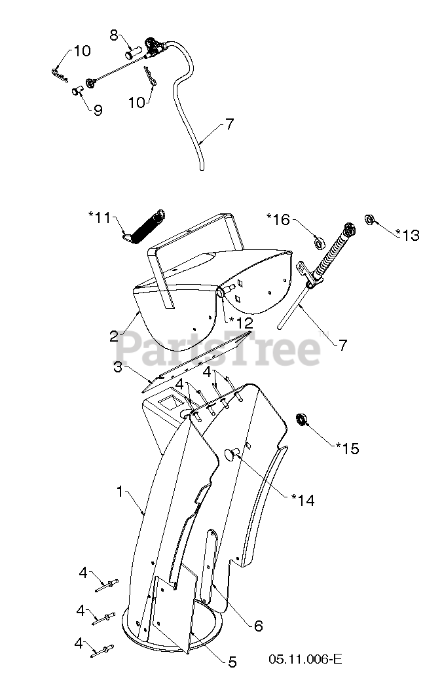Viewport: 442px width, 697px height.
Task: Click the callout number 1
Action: [x=120, y=491]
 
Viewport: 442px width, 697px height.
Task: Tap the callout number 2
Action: [x=113, y=336]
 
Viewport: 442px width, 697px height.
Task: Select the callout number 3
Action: [x=118, y=367]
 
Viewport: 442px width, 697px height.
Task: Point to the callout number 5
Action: [x=232, y=662]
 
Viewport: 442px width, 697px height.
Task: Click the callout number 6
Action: [x=258, y=626]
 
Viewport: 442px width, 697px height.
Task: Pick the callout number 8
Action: [x=113, y=36]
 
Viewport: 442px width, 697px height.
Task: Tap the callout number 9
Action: [x=98, y=110]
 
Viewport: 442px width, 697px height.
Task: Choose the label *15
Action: [x=348, y=448]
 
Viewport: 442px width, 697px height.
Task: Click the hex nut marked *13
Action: [x=369, y=219]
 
